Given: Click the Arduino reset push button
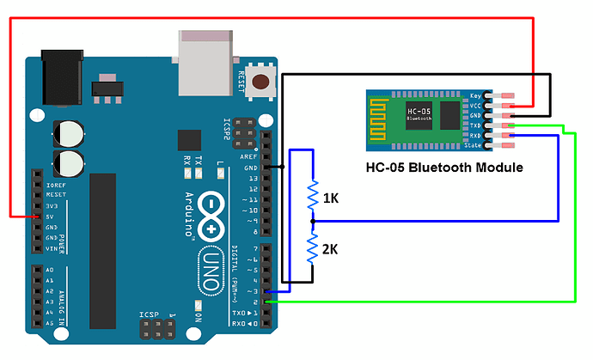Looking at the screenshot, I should click(258, 79).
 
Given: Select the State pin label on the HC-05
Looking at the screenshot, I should click(474, 145).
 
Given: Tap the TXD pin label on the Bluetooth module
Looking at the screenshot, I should click(474, 125).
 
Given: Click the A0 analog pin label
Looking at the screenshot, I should click(50, 270).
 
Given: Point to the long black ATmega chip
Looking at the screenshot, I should click(102, 249).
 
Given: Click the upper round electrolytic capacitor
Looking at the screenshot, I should click(68, 132).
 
